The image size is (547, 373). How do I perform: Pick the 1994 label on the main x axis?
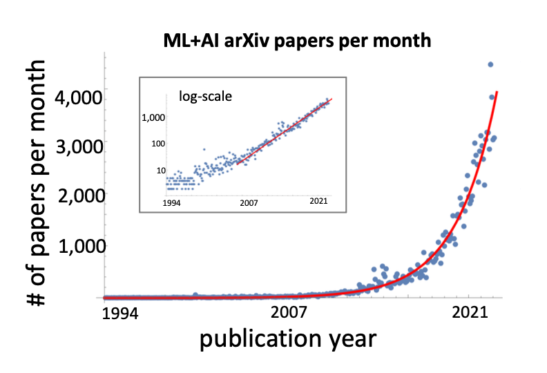point(119,314)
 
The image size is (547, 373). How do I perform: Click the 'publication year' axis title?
point(288,340)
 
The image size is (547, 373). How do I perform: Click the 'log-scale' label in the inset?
point(206,97)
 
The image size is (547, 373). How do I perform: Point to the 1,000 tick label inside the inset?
point(153,118)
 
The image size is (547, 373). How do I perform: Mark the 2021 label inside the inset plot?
point(317,202)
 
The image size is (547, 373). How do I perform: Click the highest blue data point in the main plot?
point(490,64)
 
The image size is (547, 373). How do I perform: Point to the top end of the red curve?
point(497,92)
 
